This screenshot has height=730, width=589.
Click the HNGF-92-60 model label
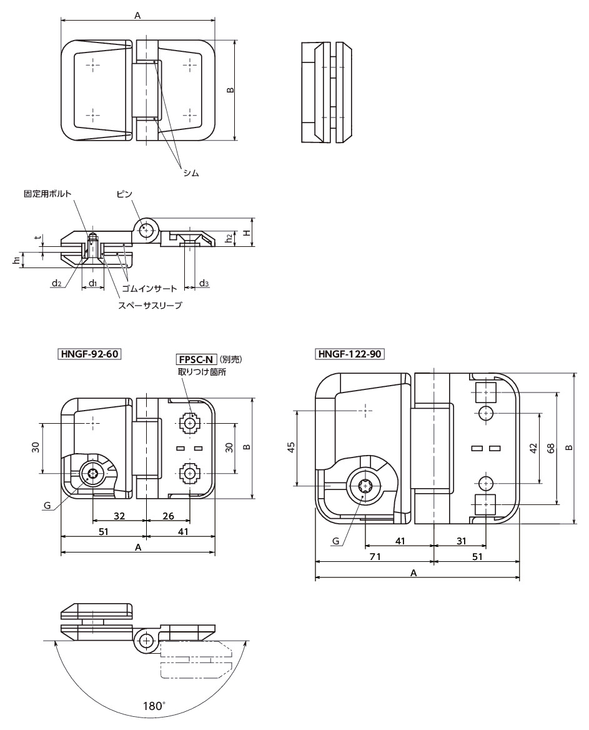[89, 354]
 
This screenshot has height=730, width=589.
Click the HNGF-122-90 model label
[350, 354]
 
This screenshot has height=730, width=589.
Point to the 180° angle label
[154, 706]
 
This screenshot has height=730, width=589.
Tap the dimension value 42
[533, 447]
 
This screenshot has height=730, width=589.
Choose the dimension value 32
[119, 516]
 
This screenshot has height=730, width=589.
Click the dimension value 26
[168, 516]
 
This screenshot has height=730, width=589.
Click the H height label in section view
[247, 232]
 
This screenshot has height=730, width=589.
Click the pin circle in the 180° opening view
[146, 641]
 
